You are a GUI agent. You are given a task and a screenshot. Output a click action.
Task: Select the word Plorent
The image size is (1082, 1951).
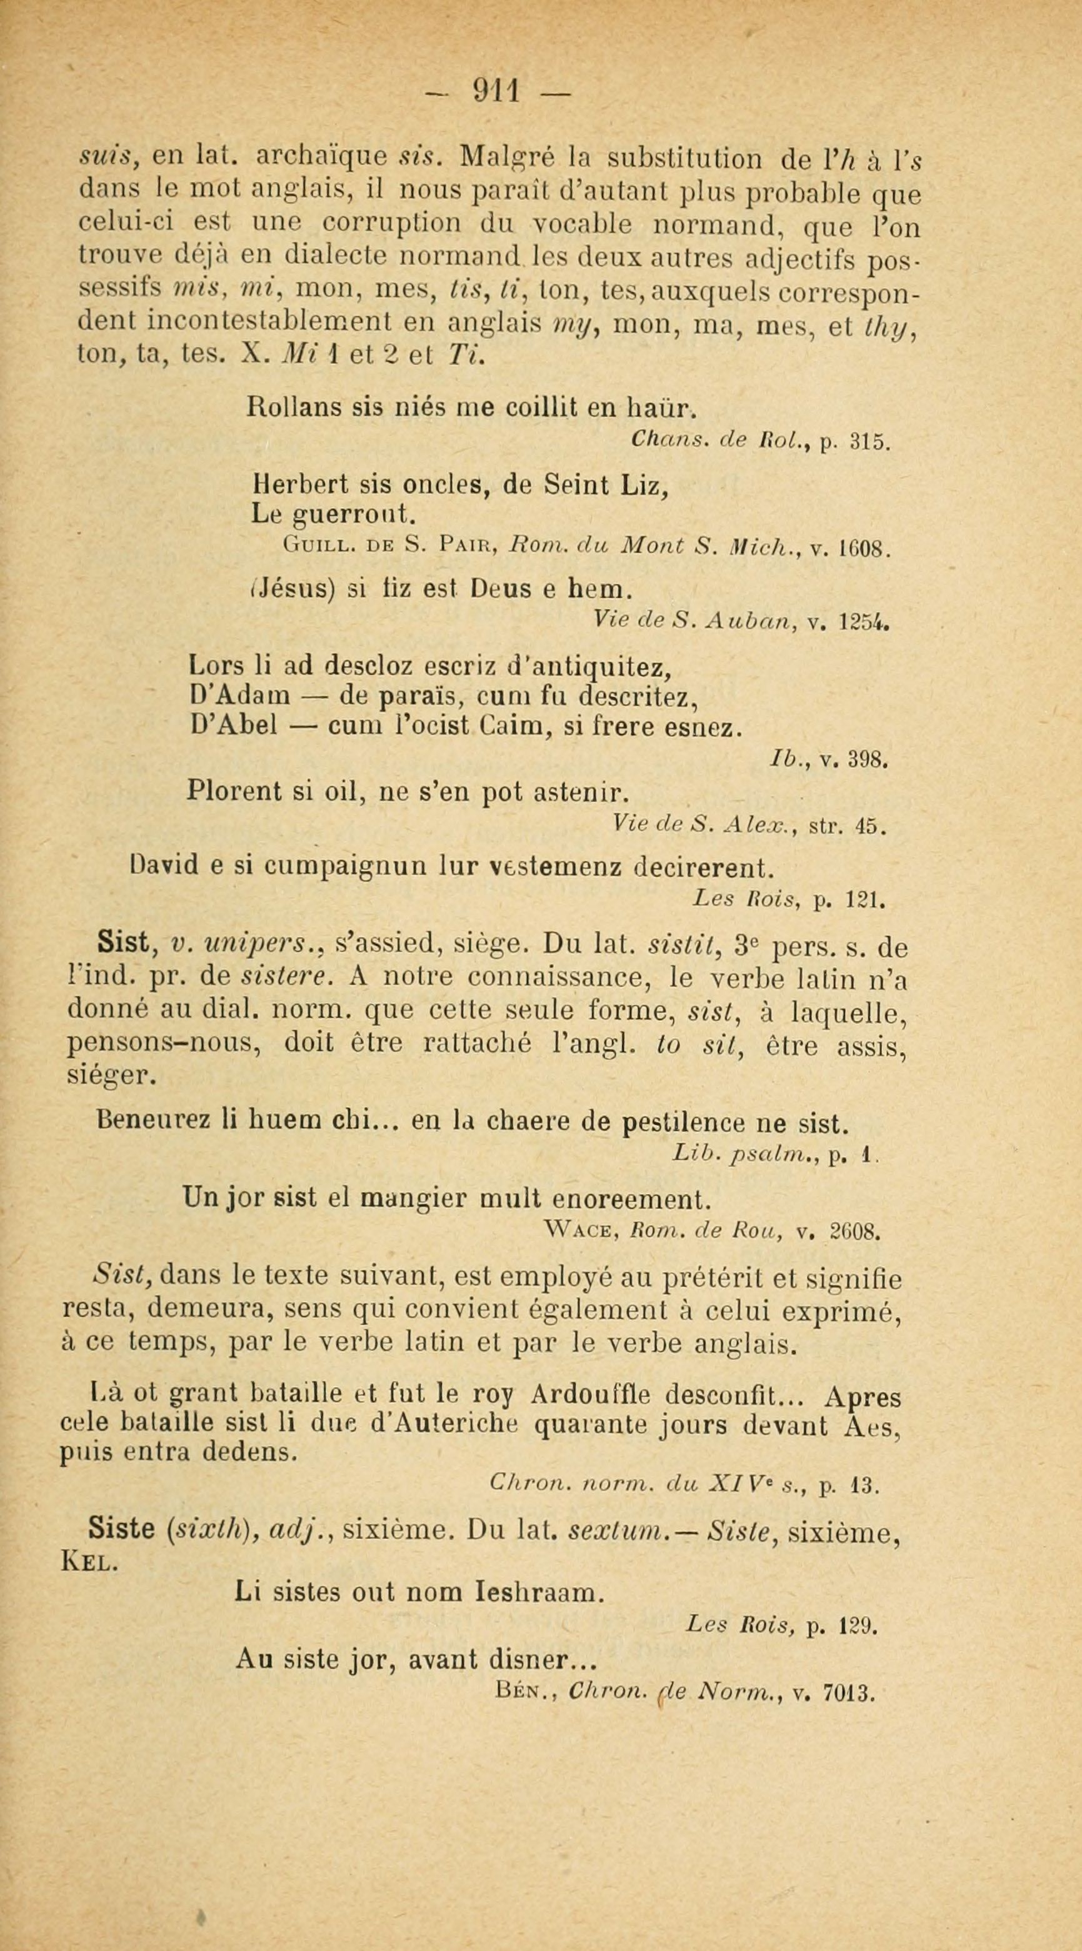[233, 791]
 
